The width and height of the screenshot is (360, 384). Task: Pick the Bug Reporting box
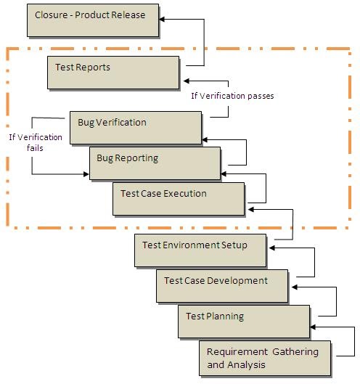(155, 163)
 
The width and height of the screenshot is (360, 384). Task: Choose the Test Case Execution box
(179, 198)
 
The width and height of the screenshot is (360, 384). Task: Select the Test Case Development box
(222, 286)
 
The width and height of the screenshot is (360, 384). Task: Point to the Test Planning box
(243, 321)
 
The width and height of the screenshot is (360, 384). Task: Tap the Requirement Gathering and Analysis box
(266, 358)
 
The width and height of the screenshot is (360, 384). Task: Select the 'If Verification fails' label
(36, 142)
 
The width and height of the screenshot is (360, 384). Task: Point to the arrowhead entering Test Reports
(187, 81)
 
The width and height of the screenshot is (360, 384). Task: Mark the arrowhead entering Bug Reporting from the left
(86, 174)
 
